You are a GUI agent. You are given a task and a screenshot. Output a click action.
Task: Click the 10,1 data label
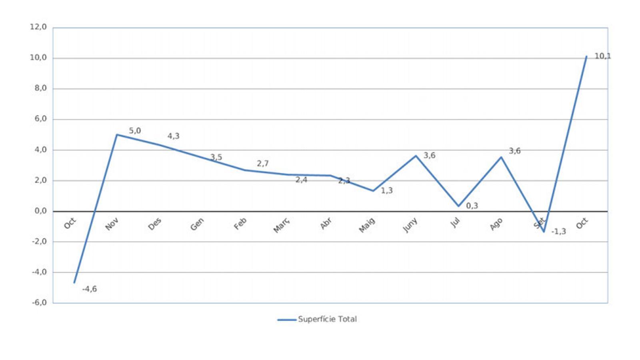click(x=602, y=56)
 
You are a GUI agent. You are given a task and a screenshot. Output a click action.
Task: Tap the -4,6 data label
click(x=90, y=289)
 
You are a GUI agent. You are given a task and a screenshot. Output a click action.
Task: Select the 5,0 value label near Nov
click(x=135, y=131)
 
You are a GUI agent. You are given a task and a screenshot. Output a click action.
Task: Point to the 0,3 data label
click(x=472, y=206)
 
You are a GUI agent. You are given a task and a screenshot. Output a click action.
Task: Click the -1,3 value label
click(x=559, y=232)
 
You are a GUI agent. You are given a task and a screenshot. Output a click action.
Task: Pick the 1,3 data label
click(x=387, y=191)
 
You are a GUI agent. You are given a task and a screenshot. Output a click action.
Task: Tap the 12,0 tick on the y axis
click(x=38, y=27)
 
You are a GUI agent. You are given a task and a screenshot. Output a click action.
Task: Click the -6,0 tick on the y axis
click(x=40, y=303)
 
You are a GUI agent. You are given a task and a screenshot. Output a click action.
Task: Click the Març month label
click(x=281, y=226)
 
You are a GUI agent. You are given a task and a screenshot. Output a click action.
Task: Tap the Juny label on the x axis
click(x=410, y=225)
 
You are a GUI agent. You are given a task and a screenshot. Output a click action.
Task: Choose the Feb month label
click(x=240, y=224)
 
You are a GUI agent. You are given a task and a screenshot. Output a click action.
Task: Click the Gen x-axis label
click(x=197, y=224)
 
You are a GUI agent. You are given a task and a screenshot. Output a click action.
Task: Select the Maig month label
click(x=367, y=225)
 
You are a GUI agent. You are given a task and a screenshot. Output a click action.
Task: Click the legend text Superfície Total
click(x=327, y=319)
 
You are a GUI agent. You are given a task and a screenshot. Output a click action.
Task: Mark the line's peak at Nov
click(x=117, y=135)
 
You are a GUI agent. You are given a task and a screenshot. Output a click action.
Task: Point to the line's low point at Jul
click(x=458, y=206)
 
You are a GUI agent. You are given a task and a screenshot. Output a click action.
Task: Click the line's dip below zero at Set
click(x=544, y=232)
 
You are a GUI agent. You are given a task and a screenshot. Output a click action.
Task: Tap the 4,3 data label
click(x=173, y=136)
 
